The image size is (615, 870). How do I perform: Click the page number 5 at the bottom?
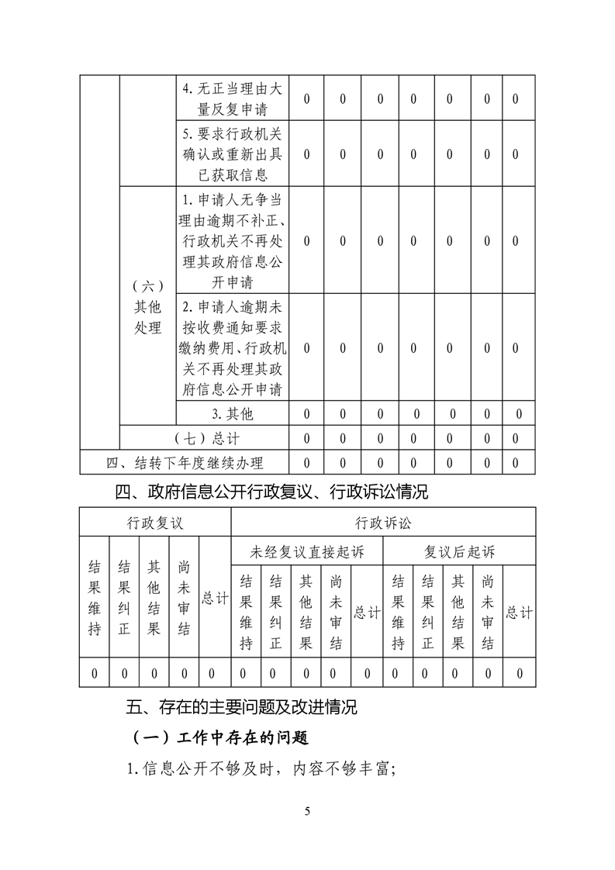click(308, 811)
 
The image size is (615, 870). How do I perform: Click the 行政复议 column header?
click(155, 522)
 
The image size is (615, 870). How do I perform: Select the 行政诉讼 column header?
click(383, 522)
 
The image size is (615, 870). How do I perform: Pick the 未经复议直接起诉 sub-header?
click(307, 551)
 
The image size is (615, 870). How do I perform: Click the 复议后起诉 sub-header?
click(459, 551)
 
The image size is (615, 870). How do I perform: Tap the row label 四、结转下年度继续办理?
click(185, 463)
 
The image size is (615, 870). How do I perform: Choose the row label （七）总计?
click(205, 438)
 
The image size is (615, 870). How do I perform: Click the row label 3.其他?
click(233, 413)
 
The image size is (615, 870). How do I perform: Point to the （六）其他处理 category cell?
click(148, 308)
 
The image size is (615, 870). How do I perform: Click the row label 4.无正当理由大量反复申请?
click(233, 98)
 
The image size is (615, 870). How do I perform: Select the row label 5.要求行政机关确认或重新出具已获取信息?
click(233, 153)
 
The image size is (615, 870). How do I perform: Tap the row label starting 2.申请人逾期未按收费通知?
click(233, 347)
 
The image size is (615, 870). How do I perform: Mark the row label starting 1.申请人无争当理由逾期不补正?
click(233, 240)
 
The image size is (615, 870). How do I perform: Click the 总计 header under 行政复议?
click(215, 598)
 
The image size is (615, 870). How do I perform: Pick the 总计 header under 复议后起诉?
click(519, 612)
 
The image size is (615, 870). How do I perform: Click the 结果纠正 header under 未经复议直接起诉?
click(275, 612)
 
